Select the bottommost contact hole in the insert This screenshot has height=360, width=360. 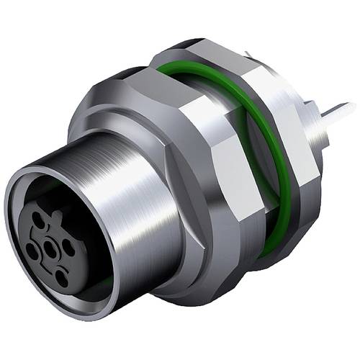pyautogui.click(x=62, y=278)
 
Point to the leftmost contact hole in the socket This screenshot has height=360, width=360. pyautogui.click(x=32, y=251)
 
